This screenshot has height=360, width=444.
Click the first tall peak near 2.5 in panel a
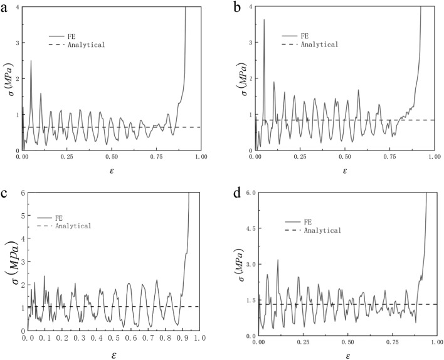(31, 61)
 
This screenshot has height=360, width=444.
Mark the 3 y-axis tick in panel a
(16, 43)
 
